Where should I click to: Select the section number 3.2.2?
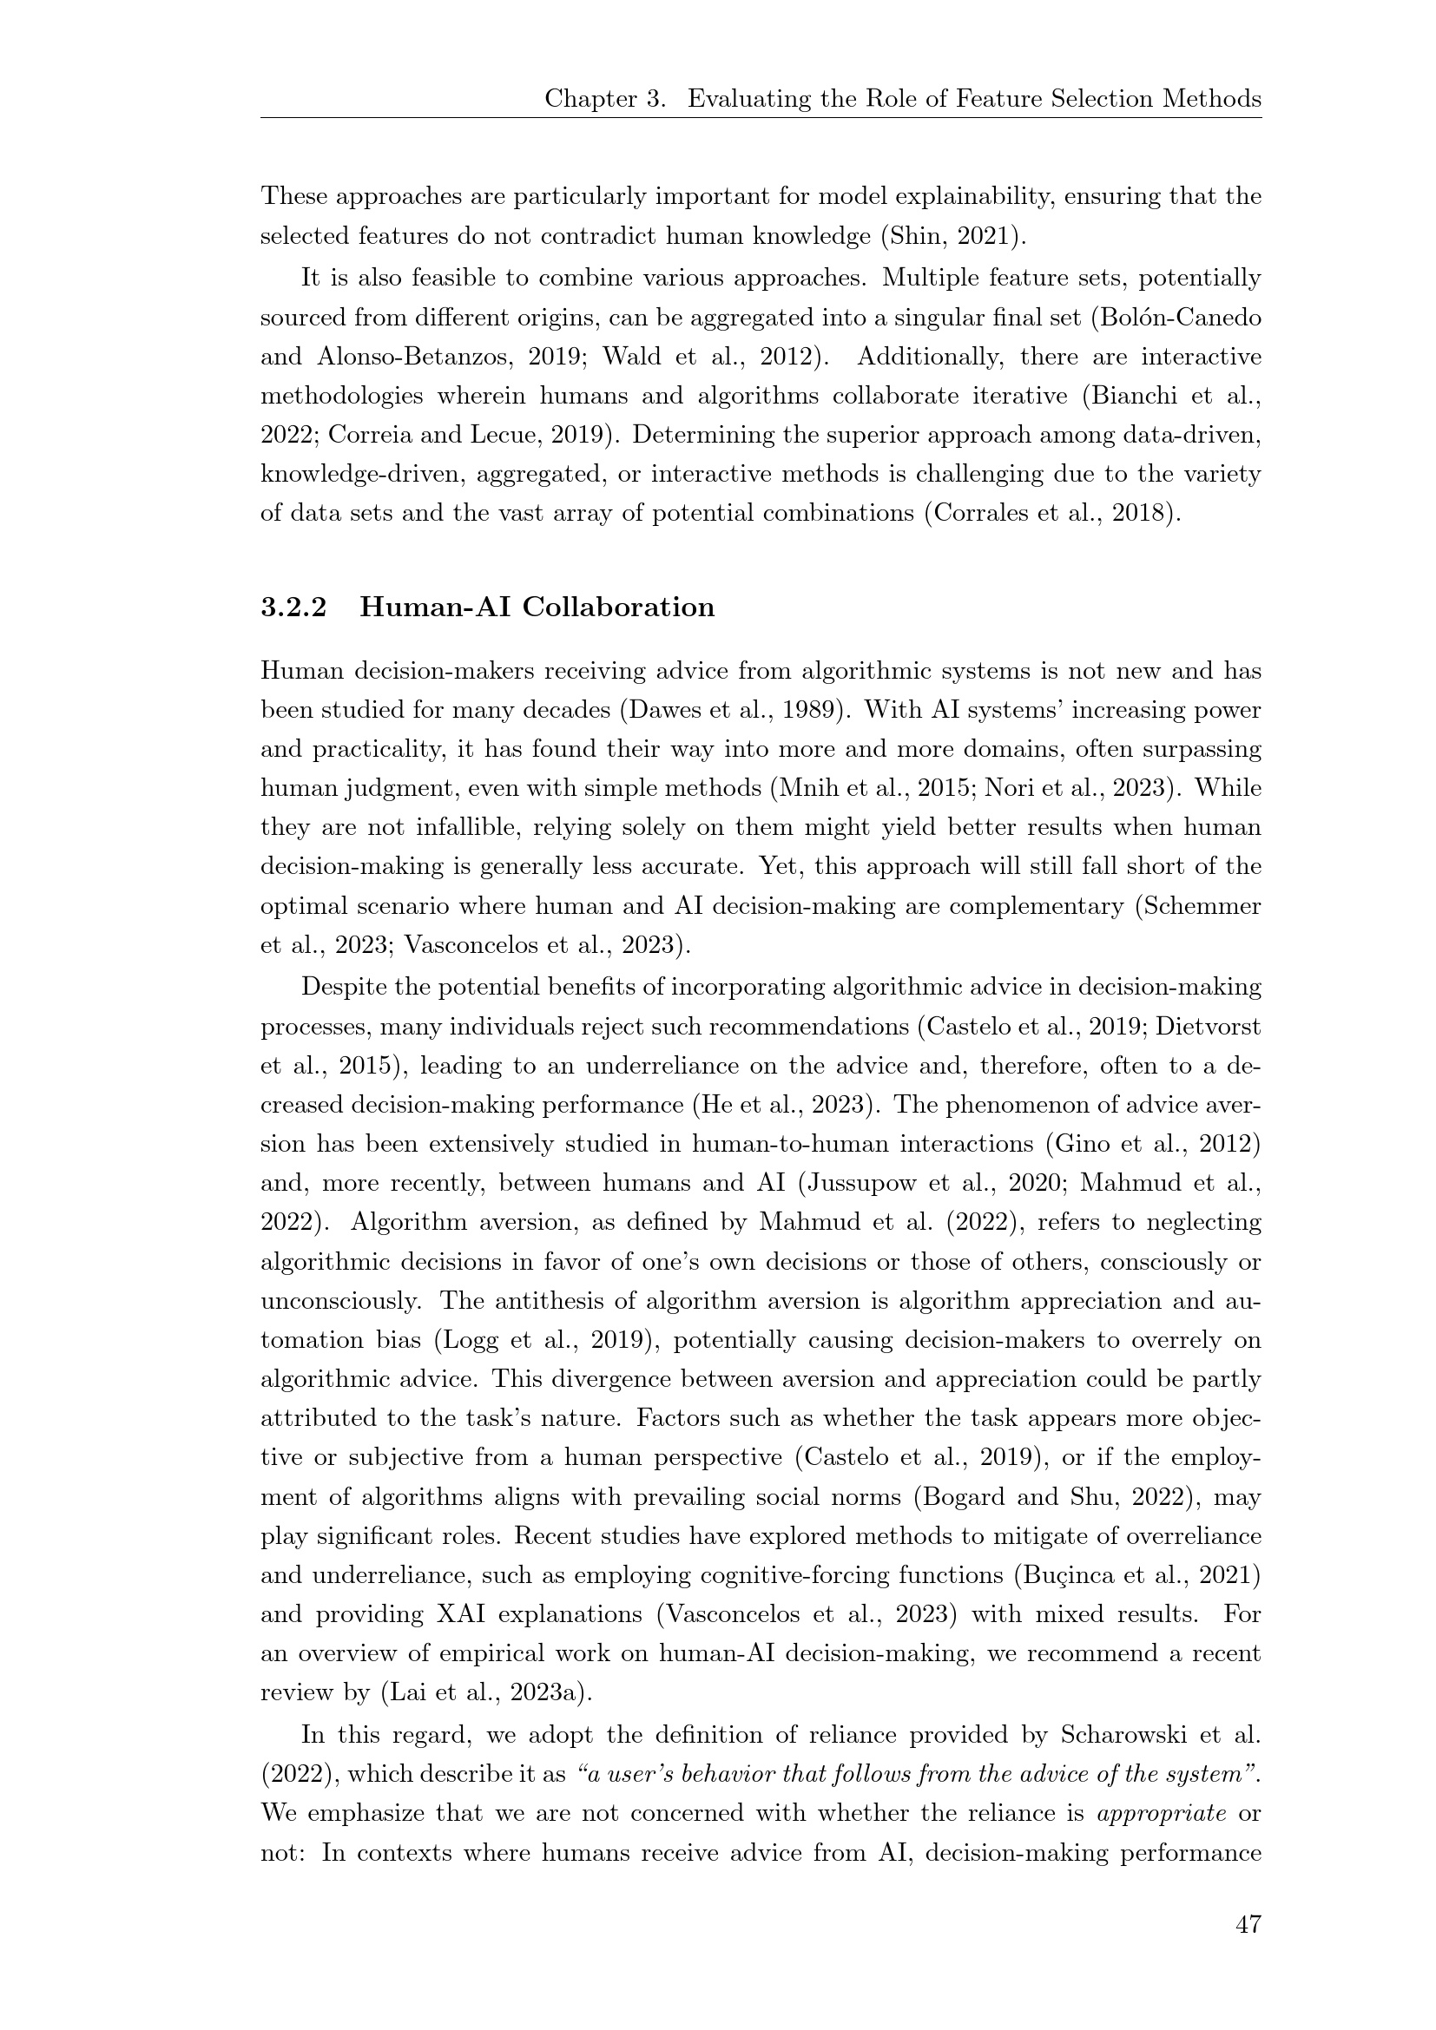click(x=293, y=608)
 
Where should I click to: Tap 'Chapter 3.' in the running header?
click(x=605, y=98)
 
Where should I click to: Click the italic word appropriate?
click(x=1161, y=1813)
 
